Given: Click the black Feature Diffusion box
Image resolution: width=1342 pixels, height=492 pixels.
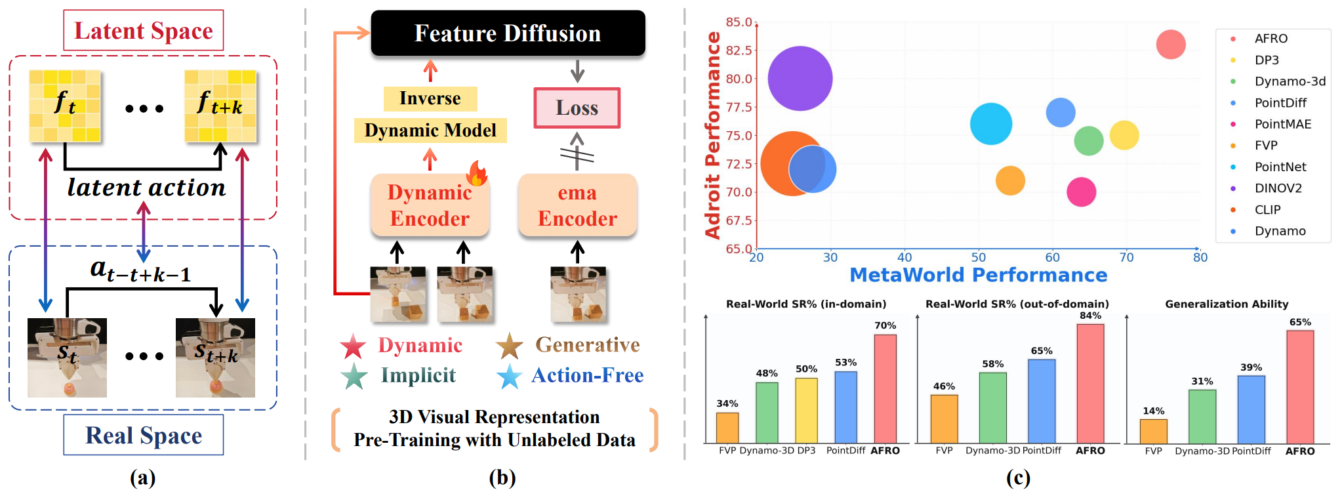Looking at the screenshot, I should [x=508, y=33].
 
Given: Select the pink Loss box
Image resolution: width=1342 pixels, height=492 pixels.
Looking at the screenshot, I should [x=577, y=108].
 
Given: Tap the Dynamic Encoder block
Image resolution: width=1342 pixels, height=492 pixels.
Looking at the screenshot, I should [x=430, y=205].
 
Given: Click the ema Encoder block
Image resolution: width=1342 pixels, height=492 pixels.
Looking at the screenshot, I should [x=577, y=205].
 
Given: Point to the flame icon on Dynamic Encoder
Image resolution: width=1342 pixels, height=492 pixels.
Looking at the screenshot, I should [x=477, y=174].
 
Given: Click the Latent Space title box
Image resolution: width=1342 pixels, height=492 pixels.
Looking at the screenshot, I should [x=143, y=30].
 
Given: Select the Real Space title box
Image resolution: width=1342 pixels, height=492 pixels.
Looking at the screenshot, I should [x=143, y=435].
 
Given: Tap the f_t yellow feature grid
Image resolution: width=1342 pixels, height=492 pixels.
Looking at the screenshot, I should [x=65, y=106].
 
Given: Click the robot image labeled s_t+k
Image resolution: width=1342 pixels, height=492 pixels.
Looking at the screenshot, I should [x=215, y=358].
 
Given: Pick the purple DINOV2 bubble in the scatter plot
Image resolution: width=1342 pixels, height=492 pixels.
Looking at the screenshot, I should [x=800, y=78].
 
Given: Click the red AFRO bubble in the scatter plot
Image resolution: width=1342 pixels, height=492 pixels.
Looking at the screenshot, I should [x=1170, y=45].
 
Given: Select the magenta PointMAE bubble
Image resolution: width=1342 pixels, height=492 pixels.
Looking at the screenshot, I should [x=1081, y=192].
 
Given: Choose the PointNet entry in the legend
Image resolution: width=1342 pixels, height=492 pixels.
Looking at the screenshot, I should [x=1280, y=167].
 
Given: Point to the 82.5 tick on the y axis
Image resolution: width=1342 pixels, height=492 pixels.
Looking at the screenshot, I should [x=739, y=50].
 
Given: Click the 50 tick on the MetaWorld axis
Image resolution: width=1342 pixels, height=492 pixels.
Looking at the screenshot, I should [x=978, y=257].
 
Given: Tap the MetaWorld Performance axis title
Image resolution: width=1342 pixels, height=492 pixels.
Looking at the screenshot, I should [x=978, y=275].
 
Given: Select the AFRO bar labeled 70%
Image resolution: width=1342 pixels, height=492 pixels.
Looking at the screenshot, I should [x=885, y=388].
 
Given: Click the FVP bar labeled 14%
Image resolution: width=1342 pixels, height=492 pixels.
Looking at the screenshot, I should [x=1153, y=431].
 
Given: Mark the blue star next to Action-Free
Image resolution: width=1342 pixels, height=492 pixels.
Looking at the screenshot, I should [x=509, y=377].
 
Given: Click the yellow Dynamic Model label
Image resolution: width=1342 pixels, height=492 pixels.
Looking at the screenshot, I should [x=430, y=130].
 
